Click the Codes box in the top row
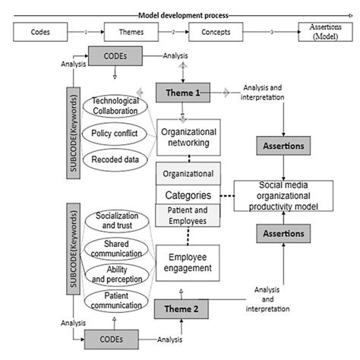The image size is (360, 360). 41,33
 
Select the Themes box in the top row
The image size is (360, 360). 128,33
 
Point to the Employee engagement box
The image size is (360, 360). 188,262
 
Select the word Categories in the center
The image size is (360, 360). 188,194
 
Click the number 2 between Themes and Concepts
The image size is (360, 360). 172,33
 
